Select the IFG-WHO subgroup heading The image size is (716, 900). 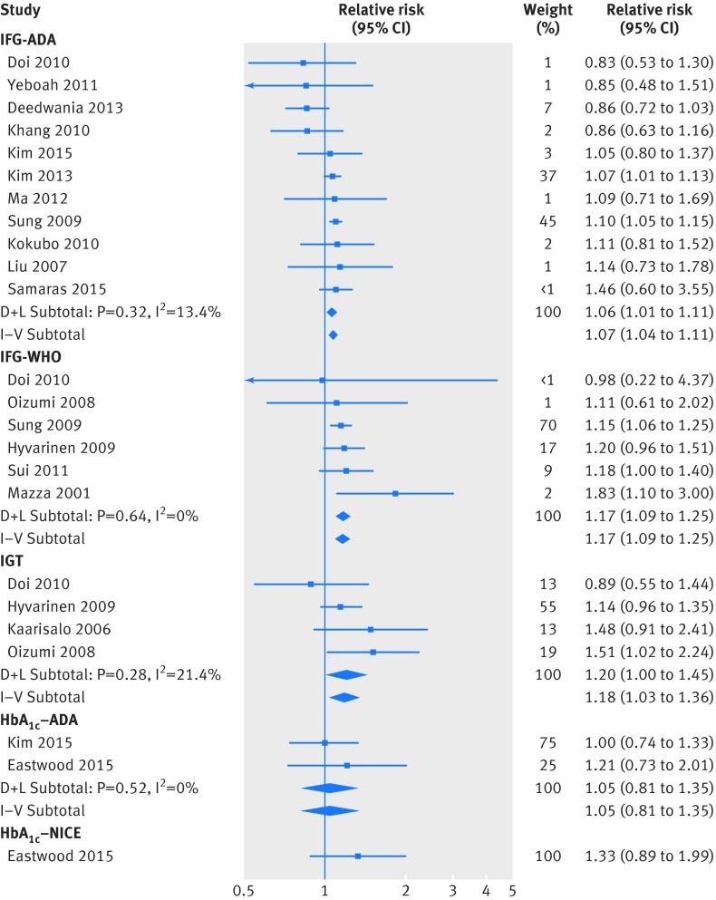tap(31, 357)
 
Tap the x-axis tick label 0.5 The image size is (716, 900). tap(243, 889)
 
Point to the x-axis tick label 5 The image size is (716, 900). tap(512, 889)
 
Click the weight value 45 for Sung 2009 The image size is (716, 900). tap(547, 221)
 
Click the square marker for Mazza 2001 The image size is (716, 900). tap(395, 493)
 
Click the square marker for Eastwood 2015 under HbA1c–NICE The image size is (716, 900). tap(357, 856)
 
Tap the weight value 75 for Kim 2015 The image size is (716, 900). tap(547, 742)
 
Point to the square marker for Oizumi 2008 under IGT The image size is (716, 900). tap(373, 652)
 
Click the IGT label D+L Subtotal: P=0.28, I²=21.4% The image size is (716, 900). tap(111, 674)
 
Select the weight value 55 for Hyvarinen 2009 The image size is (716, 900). tap(547, 606)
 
